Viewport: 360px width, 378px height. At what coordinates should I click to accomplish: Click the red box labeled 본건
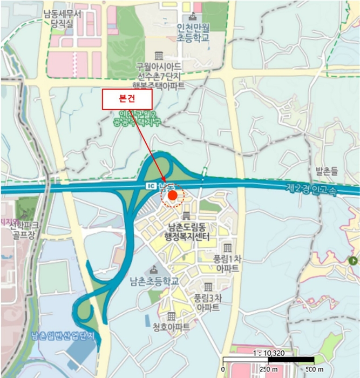pyautogui.click(x=128, y=98)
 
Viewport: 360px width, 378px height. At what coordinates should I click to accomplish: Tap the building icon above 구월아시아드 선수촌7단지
pyautogui.click(x=159, y=56)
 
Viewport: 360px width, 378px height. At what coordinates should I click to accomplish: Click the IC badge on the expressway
pyautogui.click(x=151, y=185)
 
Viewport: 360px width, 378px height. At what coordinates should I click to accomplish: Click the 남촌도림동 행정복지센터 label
pyautogui.click(x=187, y=233)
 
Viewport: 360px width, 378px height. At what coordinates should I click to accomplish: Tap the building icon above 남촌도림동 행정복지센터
pyautogui.click(x=187, y=216)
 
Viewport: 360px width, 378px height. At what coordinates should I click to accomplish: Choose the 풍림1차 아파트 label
pyautogui.click(x=227, y=263)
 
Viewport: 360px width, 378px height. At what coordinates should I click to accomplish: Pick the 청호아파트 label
pyautogui.click(x=171, y=327)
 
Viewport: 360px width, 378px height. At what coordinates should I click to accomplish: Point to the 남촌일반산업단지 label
pyautogui.click(x=63, y=335)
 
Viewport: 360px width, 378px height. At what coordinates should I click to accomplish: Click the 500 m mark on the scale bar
pyautogui.click(x=313, y=369)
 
